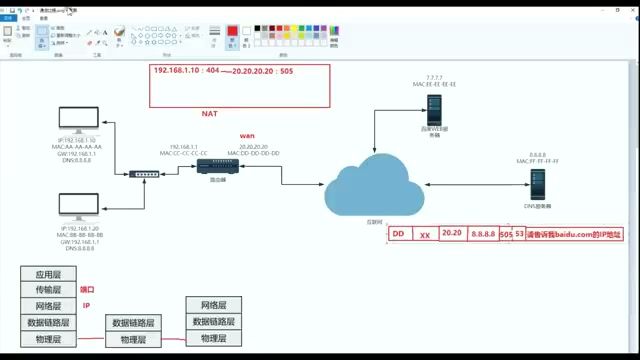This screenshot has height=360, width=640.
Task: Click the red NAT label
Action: coord(182,116)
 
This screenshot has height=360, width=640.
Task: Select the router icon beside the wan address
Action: coord(212,166)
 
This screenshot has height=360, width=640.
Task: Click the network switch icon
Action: coord(144,174)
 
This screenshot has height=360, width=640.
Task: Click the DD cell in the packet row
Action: coord(397,234)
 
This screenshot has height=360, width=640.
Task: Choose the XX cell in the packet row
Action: coord(424,234)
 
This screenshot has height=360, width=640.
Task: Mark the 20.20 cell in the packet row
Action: coord(451,234)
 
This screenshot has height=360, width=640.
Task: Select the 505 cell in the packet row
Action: coord(506,234)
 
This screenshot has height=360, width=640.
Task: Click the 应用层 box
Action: coord(49,274)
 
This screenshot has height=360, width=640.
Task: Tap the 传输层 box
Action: coord(49,290)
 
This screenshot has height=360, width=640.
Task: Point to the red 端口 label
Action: coord(87,290)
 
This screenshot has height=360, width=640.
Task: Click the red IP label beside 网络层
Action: coord(86,306)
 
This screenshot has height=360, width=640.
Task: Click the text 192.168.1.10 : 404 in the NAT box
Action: coord(188,73)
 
